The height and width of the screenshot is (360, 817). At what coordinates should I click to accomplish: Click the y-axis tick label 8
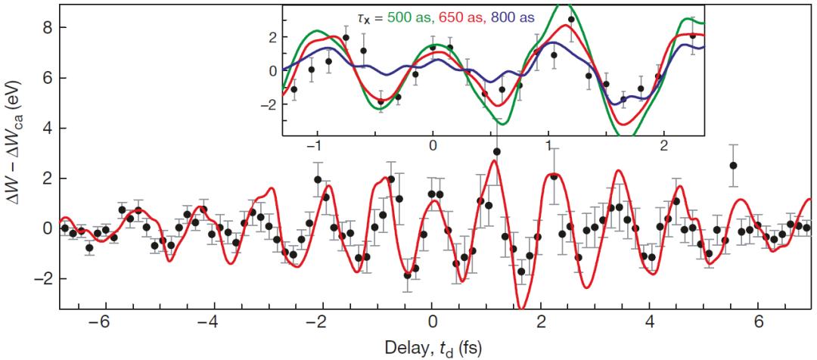[46, 27]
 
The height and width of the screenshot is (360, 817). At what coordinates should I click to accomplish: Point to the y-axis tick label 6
[46, 78]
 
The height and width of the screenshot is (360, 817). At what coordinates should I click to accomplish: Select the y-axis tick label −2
[42, 278]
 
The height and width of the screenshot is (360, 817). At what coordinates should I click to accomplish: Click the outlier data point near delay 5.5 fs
[733, 166]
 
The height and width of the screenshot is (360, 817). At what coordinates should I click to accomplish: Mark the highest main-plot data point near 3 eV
[497, 152]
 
